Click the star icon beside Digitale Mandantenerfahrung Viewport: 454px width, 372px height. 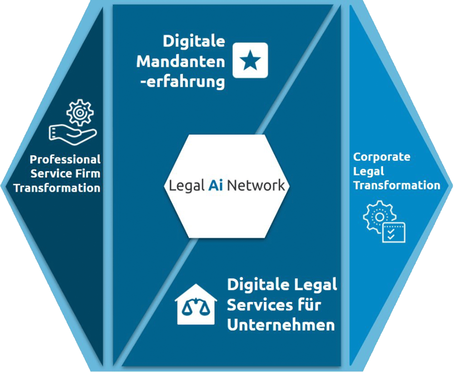click(250, 60)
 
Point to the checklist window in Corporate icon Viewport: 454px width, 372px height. click(393, 232)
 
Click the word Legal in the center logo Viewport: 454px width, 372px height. click(187, 186)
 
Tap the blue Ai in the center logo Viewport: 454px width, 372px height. click(216, 186)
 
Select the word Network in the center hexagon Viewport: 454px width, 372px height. click(256, 186)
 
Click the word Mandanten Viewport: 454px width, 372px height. click(181, 62)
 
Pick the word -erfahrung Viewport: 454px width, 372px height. click(186, 82)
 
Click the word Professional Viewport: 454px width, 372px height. click(65, 160)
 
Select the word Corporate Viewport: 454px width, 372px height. click(381, 157)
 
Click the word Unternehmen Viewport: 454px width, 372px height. click(281, 325)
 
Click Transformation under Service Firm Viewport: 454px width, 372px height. click(57, 188)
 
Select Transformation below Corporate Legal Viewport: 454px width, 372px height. click(396, 186)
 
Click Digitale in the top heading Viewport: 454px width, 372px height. click(194, 41)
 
